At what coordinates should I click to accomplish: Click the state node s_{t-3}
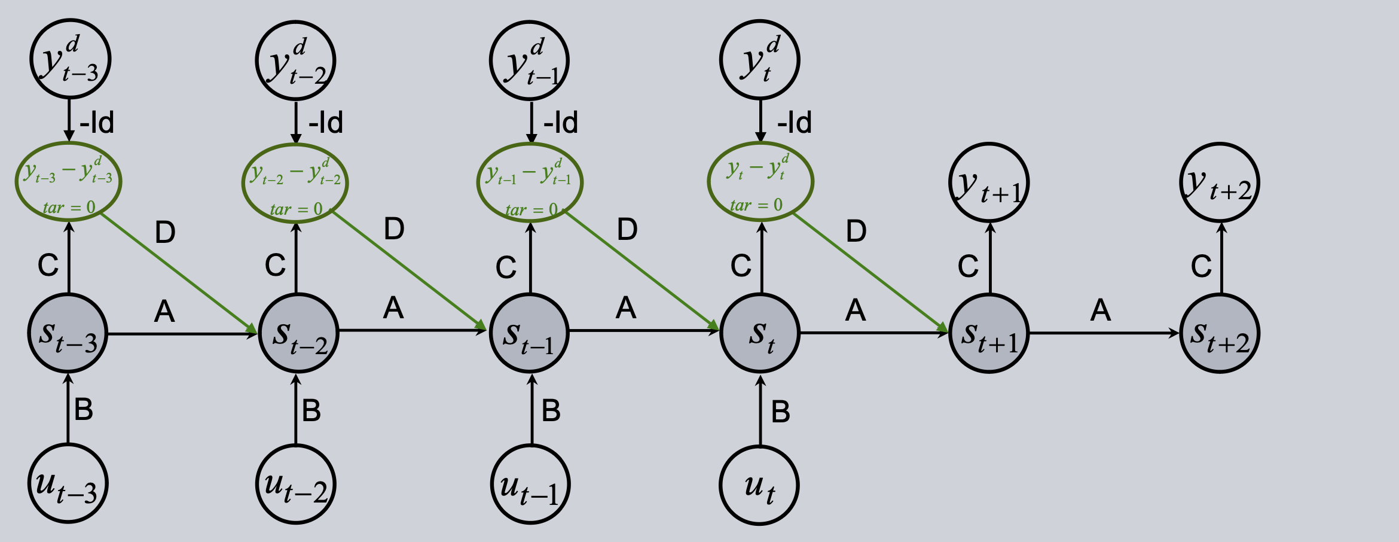pos(68,333)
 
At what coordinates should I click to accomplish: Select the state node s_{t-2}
pos(298,333)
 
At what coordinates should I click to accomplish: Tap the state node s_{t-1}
pos(530,333)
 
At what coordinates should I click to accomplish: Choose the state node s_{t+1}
pos(989,333)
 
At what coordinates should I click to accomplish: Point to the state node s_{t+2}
pos(1220,333)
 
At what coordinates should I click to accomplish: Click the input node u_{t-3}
pos(68,484)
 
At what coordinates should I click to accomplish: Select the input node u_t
pos(759,485)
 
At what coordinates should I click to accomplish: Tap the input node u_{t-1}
pos(530,484)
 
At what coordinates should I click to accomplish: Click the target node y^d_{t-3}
pos(71,60)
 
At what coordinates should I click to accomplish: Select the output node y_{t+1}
pos(989,182)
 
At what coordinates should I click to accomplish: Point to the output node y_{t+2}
pos(1220,182)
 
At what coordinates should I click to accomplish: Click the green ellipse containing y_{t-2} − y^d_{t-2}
pos(295,182)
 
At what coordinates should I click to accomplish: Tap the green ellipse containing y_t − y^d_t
pos(760,181)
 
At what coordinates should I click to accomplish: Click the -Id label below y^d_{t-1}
pos(561,123)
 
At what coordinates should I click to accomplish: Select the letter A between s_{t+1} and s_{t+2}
pos(1101,310)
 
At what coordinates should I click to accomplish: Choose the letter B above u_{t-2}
pos(311,410)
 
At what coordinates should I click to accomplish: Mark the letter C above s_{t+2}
pos(1201,266)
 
